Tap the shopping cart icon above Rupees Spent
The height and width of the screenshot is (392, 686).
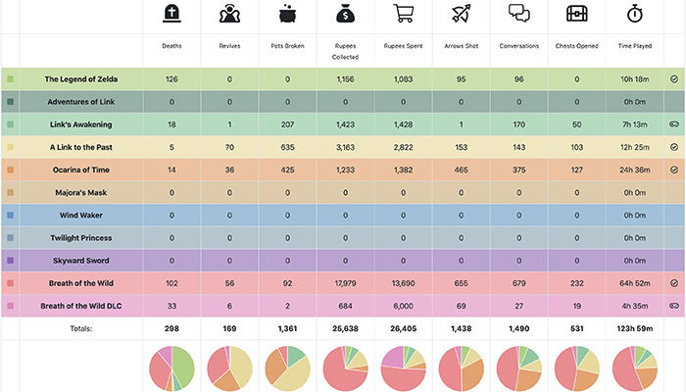pyautogui.click(x=402, y=15)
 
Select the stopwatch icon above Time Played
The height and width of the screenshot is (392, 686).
pyautogui.click(x=634, y=15)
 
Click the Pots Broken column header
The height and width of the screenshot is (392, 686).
pyautogui.click(x=287, y=46)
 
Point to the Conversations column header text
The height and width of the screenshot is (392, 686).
pyautogui.click(x=517, y=46)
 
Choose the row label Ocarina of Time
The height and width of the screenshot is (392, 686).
pyautogui.click(x=83, y=170)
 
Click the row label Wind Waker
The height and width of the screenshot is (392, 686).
pyautogui.click(x=83, y=215)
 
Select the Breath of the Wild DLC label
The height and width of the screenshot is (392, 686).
pyautogui.click(x=83, y=306)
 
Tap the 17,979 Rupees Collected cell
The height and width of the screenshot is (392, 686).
pyautogui.click(x=344, y=283)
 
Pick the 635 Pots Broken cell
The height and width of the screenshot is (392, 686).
pyautogui.click(x=287, y=147)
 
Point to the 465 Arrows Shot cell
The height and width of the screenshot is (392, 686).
pyautogui.click(x=460, y=170)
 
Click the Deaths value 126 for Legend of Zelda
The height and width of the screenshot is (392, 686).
pyautogui.click(x=172, y=78)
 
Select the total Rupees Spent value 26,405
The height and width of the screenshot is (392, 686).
pyautogui.click(x=402, y=328)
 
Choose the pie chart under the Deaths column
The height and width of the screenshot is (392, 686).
pyautogui.click(x=173, y=367)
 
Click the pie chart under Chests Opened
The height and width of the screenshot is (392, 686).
pyautogui.click(x=576, y=367)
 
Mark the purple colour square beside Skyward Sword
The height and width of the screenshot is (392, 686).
pyautogui.click(x=10, y=261)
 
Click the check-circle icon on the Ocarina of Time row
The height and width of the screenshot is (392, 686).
pyautogui.click(x=673, y=170)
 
